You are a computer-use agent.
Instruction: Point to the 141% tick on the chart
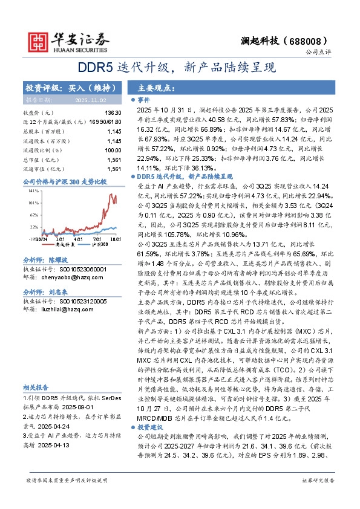pyautogui.click(x=33, y=190)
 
